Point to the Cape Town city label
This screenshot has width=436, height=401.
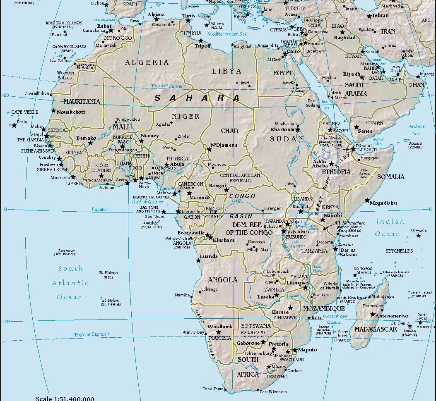point(213,389)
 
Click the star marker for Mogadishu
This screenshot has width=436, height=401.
point(367,200)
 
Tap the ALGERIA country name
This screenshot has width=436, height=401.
point(147,62)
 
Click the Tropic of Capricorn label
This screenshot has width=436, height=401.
point(92,334)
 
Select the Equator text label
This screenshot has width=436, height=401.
point(99,210)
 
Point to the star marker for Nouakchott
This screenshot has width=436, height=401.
point(53,110)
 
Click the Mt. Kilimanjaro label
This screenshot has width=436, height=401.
point(350,223)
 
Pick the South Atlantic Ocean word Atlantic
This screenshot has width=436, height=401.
point(70,283)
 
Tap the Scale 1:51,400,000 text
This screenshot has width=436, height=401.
point(65,399)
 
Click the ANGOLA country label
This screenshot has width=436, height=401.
point(223,280)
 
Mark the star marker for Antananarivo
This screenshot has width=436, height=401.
point(373,315)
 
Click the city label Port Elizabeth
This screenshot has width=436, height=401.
point(273,391)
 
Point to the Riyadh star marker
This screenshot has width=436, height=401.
point(361,77)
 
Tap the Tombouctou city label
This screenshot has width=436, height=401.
point(128,119)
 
